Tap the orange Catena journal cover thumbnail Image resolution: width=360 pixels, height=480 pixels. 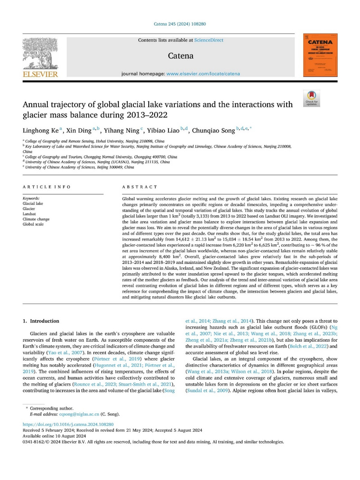click(321, 56)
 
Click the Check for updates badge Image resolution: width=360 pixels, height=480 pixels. click(312, 98)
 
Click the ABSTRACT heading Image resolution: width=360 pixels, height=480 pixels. click(140, 187)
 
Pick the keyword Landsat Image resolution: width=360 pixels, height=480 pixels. click(30, 213)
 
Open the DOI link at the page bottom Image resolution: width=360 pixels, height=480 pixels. click(68, 424)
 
